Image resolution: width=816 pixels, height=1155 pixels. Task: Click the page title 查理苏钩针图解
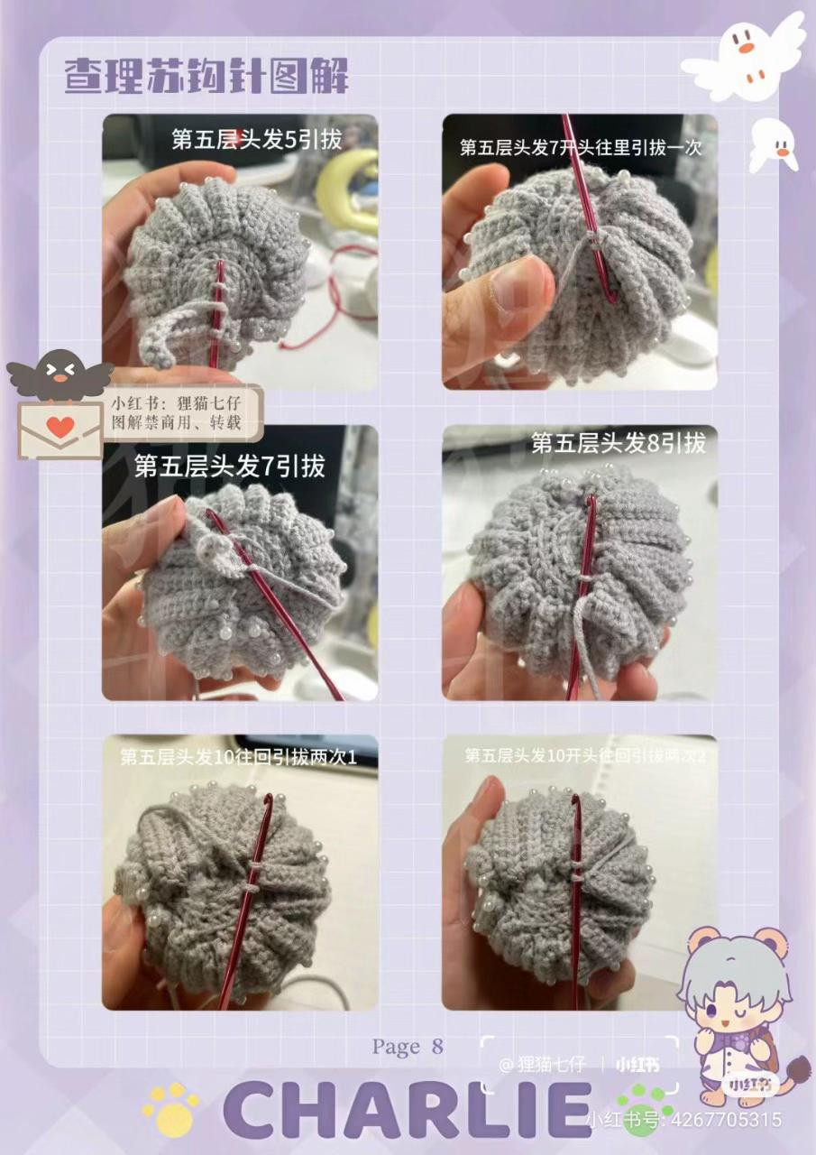click(206, 77)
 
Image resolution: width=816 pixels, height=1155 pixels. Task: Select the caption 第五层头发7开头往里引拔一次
click(580, 147)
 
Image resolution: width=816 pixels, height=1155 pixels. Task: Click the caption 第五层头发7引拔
click(229, 466)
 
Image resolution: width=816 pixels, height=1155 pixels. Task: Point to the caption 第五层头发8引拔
click(618, 443)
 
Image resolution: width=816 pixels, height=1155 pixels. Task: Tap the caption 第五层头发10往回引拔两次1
click(239, 758)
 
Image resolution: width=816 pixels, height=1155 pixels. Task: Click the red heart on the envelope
click(60, 428)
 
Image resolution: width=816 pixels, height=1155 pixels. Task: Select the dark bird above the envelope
click(60, 374)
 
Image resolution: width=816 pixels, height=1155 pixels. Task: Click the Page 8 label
click(408, 1047)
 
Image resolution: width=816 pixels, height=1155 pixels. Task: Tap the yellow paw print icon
click(170, 1109)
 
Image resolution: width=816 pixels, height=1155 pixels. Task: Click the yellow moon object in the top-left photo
click(347, 189)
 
